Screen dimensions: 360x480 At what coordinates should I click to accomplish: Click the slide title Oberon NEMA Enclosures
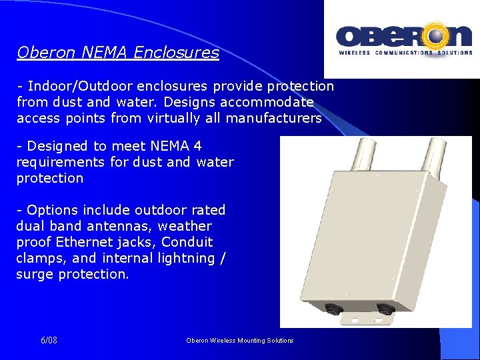point(117,53)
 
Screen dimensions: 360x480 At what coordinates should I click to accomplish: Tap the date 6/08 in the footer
point(49,340)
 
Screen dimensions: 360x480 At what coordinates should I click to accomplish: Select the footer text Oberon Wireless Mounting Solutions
point(240,340)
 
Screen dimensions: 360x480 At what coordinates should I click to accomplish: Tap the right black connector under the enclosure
point(384,309)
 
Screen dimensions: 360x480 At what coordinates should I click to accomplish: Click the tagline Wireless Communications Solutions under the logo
point(404,53)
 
